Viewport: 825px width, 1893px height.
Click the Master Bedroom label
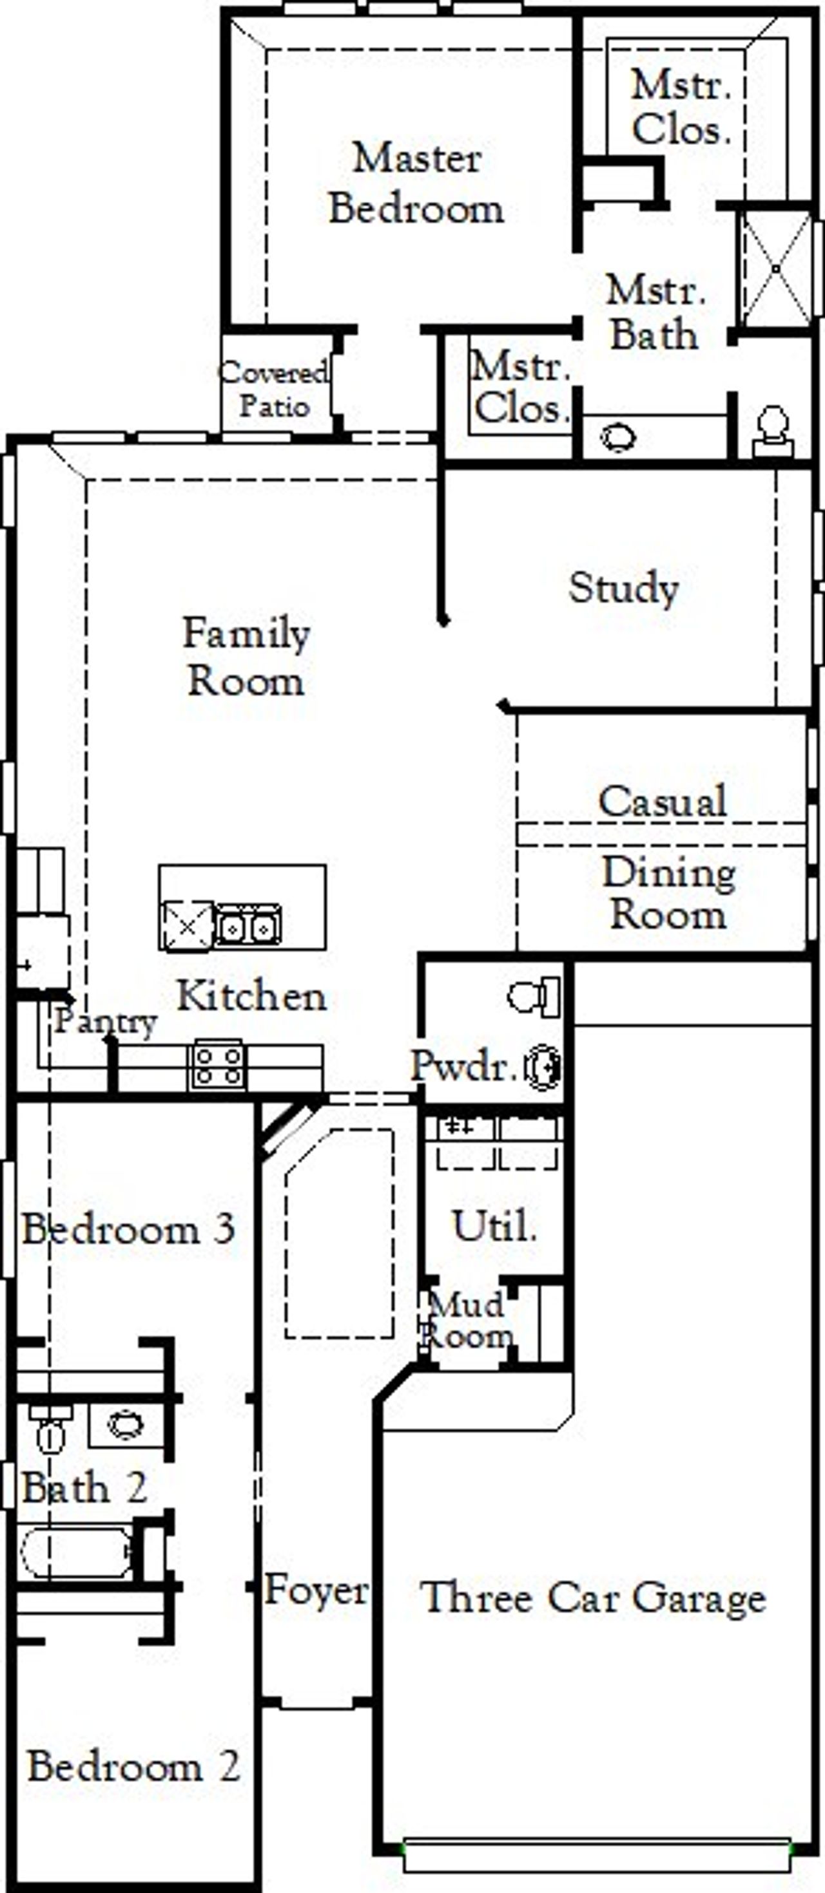point(416,183)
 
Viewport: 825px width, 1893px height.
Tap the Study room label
point(623,588)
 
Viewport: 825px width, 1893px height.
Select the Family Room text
point(246,656)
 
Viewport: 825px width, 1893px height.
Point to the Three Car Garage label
point(593,1598)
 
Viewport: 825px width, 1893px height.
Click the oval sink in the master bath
point(617,438)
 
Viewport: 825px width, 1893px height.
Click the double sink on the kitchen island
point(247,928)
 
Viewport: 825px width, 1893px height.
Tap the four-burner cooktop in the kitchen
point(218,1066)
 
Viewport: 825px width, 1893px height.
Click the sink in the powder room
point(543,1066)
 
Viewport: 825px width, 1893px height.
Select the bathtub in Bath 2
point(77,1551)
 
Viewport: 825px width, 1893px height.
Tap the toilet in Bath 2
point(50,1430)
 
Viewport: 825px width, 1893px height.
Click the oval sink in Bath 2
point(126,1426)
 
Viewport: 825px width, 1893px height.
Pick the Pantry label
point(105,1021)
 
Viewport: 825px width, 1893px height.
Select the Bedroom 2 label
point(133,1767)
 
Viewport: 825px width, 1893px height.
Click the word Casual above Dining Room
point(662,802)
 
